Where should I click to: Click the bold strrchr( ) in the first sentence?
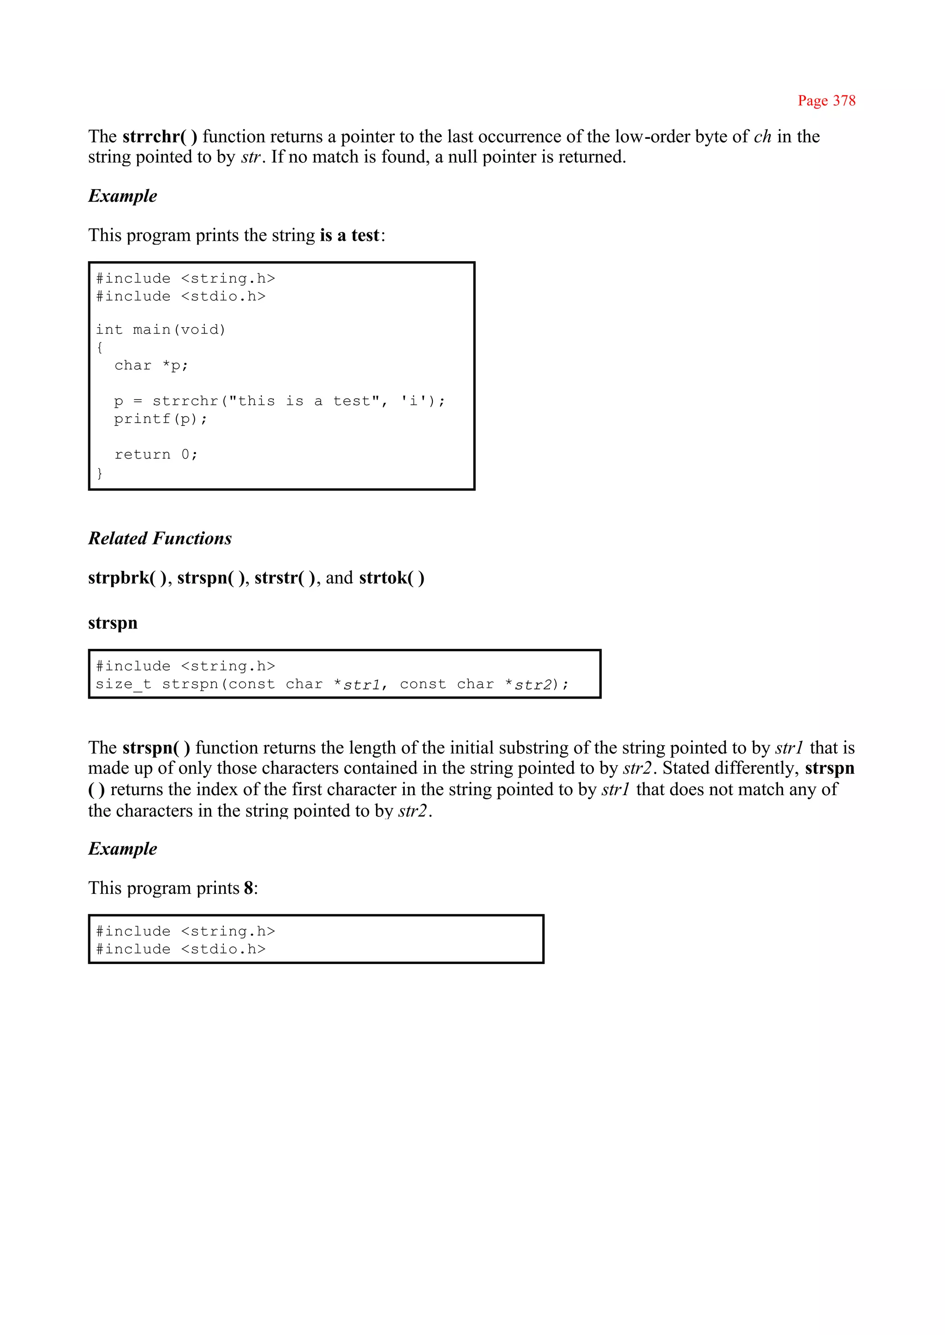(x=160, y=137)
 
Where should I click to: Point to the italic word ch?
(x=762, y=137)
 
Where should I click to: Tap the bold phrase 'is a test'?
(x=349, y=235)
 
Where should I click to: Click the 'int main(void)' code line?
(x=160, y=329)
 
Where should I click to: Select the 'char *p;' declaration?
(x=151, y=365)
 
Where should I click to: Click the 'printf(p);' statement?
(x=160, y=419)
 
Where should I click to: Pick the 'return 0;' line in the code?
(x=156, y=455)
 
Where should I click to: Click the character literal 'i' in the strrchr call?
(x=414, y=401)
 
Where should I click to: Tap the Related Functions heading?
(x=160, y=539)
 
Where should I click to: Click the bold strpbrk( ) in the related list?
(x=127, y=578)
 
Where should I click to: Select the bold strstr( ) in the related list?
(x=285, y=578)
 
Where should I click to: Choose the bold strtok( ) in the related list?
(x=391, y=578)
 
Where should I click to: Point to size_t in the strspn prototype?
(x=123, y=684)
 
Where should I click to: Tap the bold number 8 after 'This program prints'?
(x=248, y=888)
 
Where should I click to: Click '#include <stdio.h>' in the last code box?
(x=180, y=949)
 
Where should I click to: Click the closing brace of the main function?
(x=100, y=473)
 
